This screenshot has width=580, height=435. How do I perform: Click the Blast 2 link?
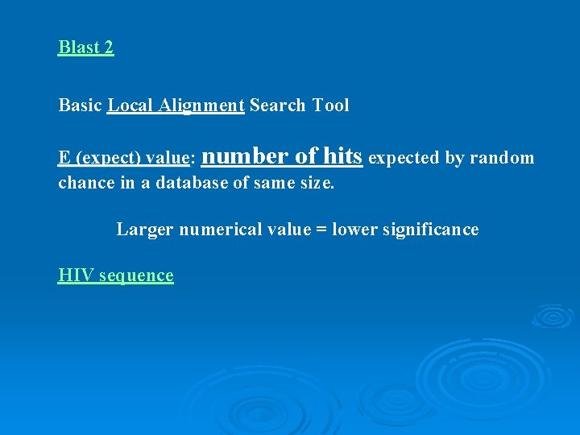point(86,48)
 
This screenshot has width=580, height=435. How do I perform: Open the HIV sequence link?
point(115,275)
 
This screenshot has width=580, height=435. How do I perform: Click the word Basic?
point(80,106)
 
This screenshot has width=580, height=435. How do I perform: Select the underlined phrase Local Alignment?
point(176,106)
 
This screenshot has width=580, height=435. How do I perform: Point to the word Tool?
point(330,106)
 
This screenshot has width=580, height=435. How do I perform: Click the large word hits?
point(342,155)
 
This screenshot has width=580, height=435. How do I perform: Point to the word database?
point(193,183)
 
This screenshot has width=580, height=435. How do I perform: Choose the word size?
point(317,183)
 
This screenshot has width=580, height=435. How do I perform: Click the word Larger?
point(144,230)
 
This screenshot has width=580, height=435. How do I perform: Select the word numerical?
point(216,230)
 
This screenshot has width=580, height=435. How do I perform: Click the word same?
point(275,183)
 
